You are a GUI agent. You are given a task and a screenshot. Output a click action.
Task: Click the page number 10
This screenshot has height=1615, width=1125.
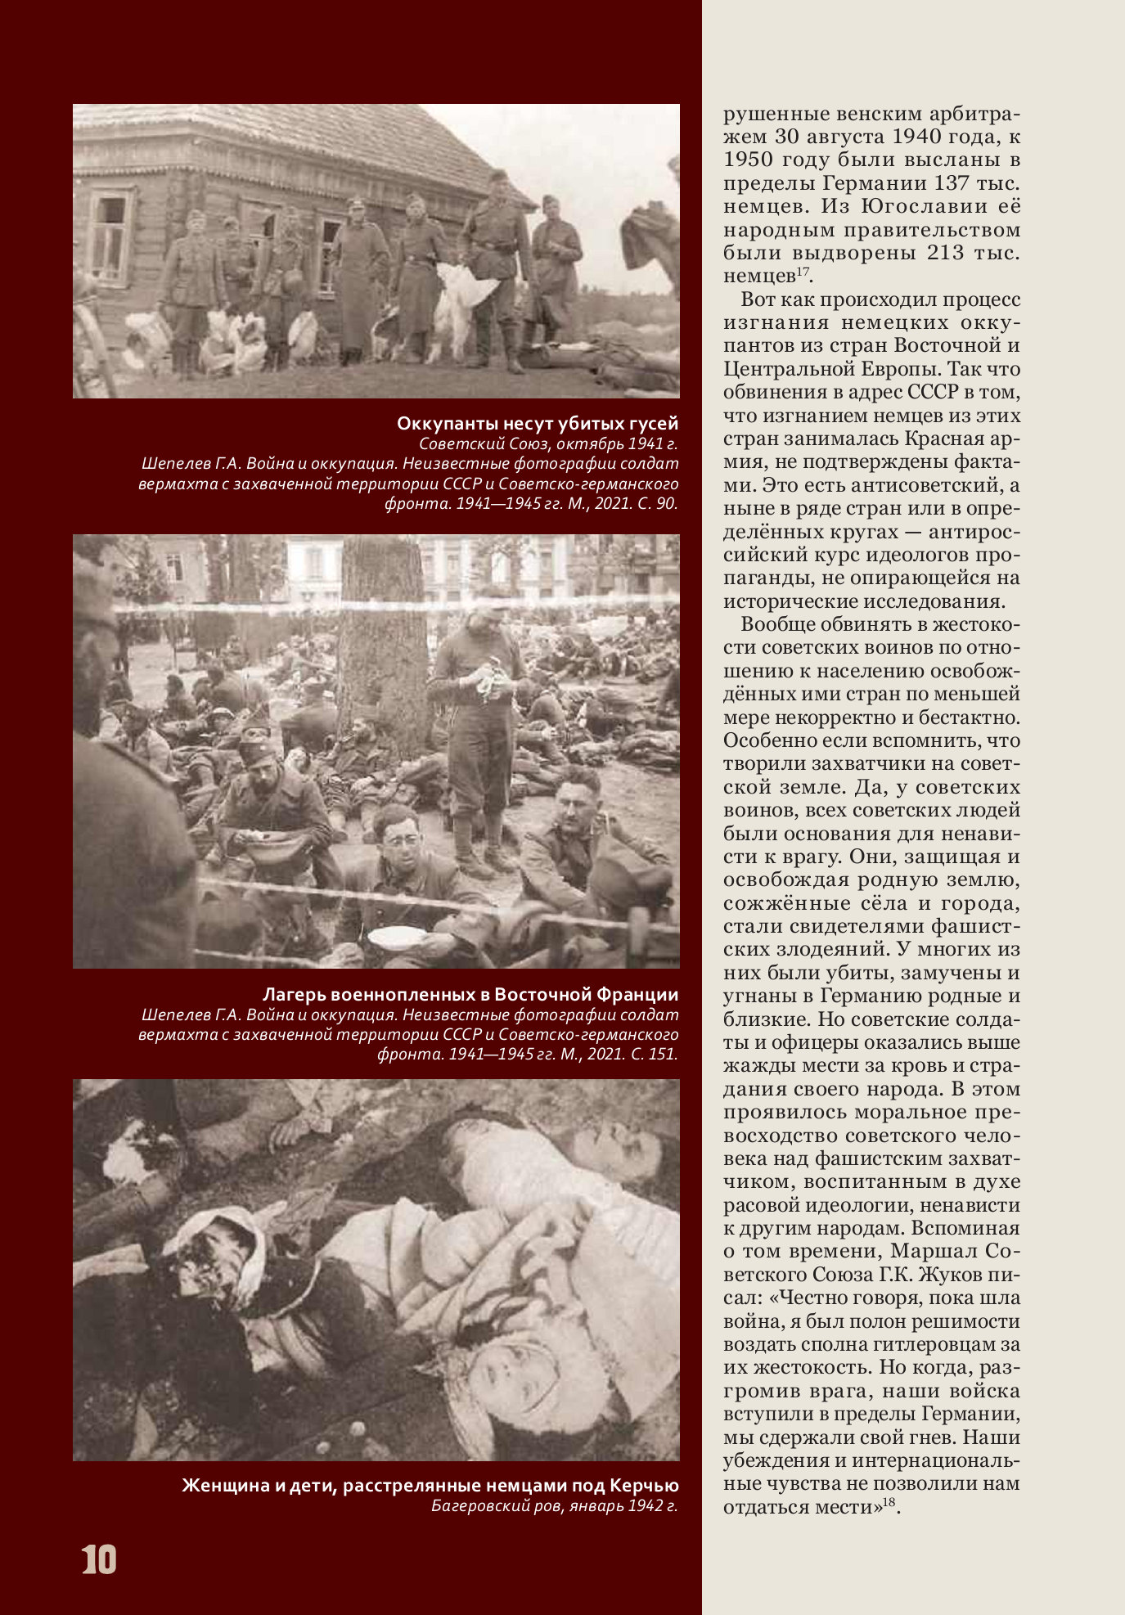tap(99, 1559)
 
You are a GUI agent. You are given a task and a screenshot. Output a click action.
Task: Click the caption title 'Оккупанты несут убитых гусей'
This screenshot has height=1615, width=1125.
tap(537, 423)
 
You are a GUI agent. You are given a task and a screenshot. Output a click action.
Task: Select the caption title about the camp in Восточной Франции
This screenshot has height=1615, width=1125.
tap(470, 994)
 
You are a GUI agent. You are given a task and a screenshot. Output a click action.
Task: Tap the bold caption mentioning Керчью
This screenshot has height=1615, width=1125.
tap(430, 1485)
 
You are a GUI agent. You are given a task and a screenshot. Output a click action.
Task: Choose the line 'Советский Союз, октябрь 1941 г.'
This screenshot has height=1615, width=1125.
tap(548, 444)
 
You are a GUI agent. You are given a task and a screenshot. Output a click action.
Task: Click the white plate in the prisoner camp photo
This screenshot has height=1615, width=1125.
tap(397, 936)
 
